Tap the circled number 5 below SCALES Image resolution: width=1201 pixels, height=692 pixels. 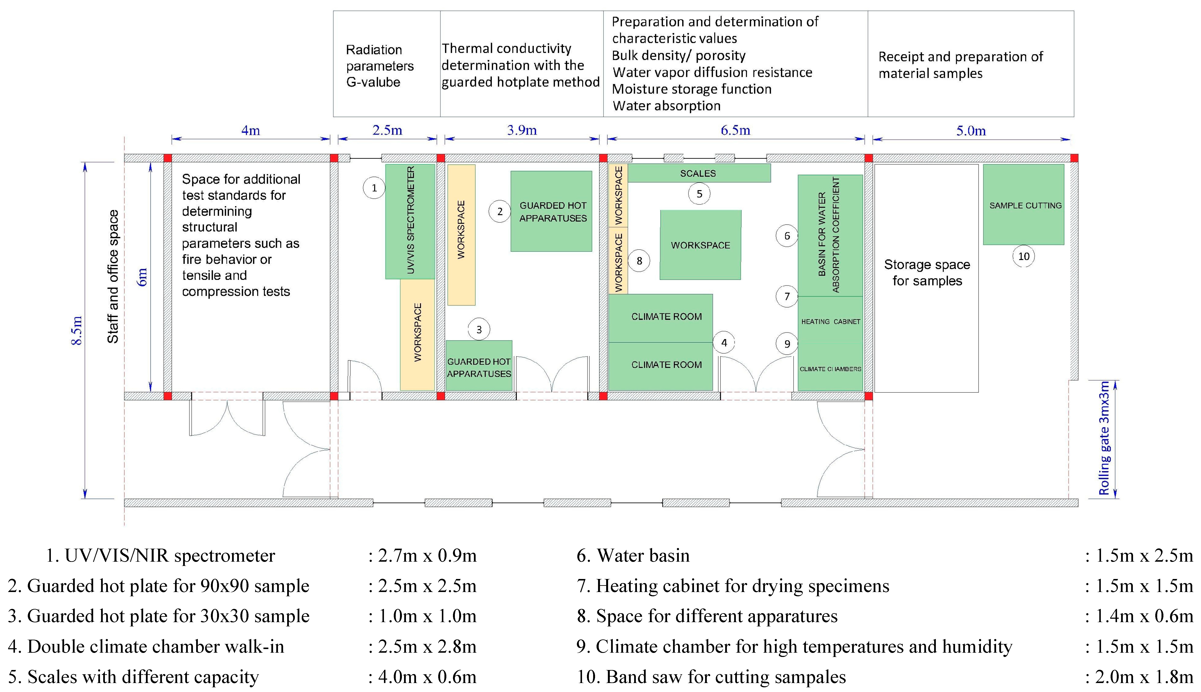(x=699, y=194)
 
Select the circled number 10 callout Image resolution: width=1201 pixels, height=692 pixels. (x=1023, y=257)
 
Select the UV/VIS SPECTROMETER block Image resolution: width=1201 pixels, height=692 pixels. (x=410, y=221)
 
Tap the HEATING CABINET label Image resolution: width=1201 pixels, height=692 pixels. (x=830, y=322)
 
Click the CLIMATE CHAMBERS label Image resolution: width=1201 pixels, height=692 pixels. (x=830, y=369)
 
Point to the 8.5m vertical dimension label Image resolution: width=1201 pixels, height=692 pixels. (x=77, y=330)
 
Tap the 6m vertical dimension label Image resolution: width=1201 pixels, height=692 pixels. (x=142, y=277)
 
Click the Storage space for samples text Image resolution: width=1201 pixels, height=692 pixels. (x=927, y=273)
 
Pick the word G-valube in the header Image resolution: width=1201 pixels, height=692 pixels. (x=373, y=82)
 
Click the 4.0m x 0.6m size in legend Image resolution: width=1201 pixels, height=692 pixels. (x=427, y=677)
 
